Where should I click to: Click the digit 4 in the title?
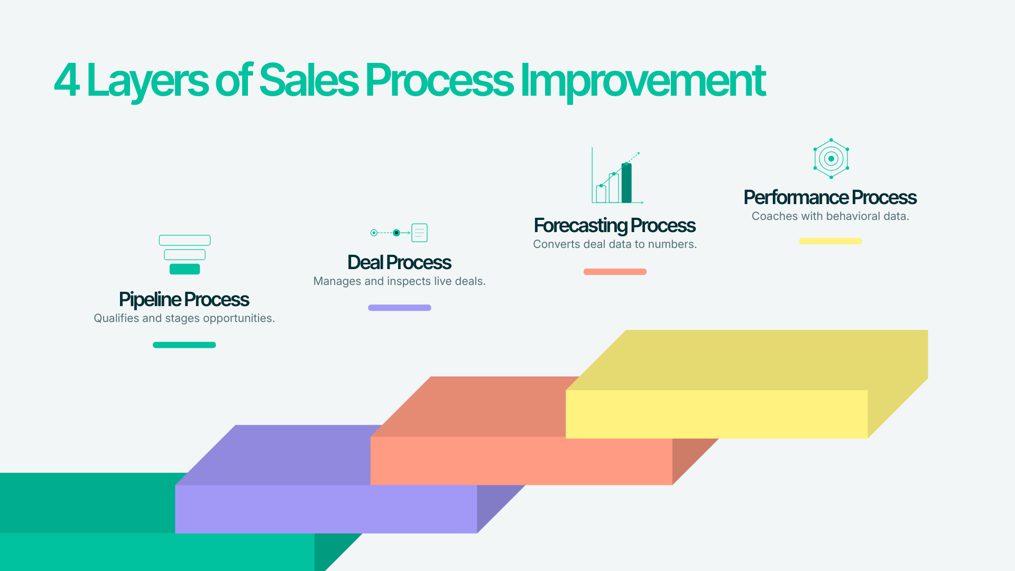tap(67, 81)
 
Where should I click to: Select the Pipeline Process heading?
tap(184, 299)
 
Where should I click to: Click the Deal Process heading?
tap(399, 262)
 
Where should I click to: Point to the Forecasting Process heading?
tap(614, 225)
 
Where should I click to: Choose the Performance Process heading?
tap(830, 197)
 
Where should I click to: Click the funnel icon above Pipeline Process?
tap(184, 254)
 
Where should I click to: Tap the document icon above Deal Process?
tap(419, 233)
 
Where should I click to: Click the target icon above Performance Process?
tap(831, 159)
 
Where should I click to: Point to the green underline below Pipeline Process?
tap(184, 345)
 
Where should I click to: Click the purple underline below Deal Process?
tap(399, 308)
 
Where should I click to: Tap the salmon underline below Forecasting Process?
tap(615, 272)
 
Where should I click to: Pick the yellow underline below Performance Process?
tap(830, 241)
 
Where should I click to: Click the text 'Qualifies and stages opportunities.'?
tap(184, 318)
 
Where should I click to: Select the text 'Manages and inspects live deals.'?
tap(399, 281)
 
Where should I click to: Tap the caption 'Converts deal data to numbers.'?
tap(615, 244)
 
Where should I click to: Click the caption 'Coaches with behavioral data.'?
tap(830, 216)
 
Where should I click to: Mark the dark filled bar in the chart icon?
tap(626, 183)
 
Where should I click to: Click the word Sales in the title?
tap(309, 81)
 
